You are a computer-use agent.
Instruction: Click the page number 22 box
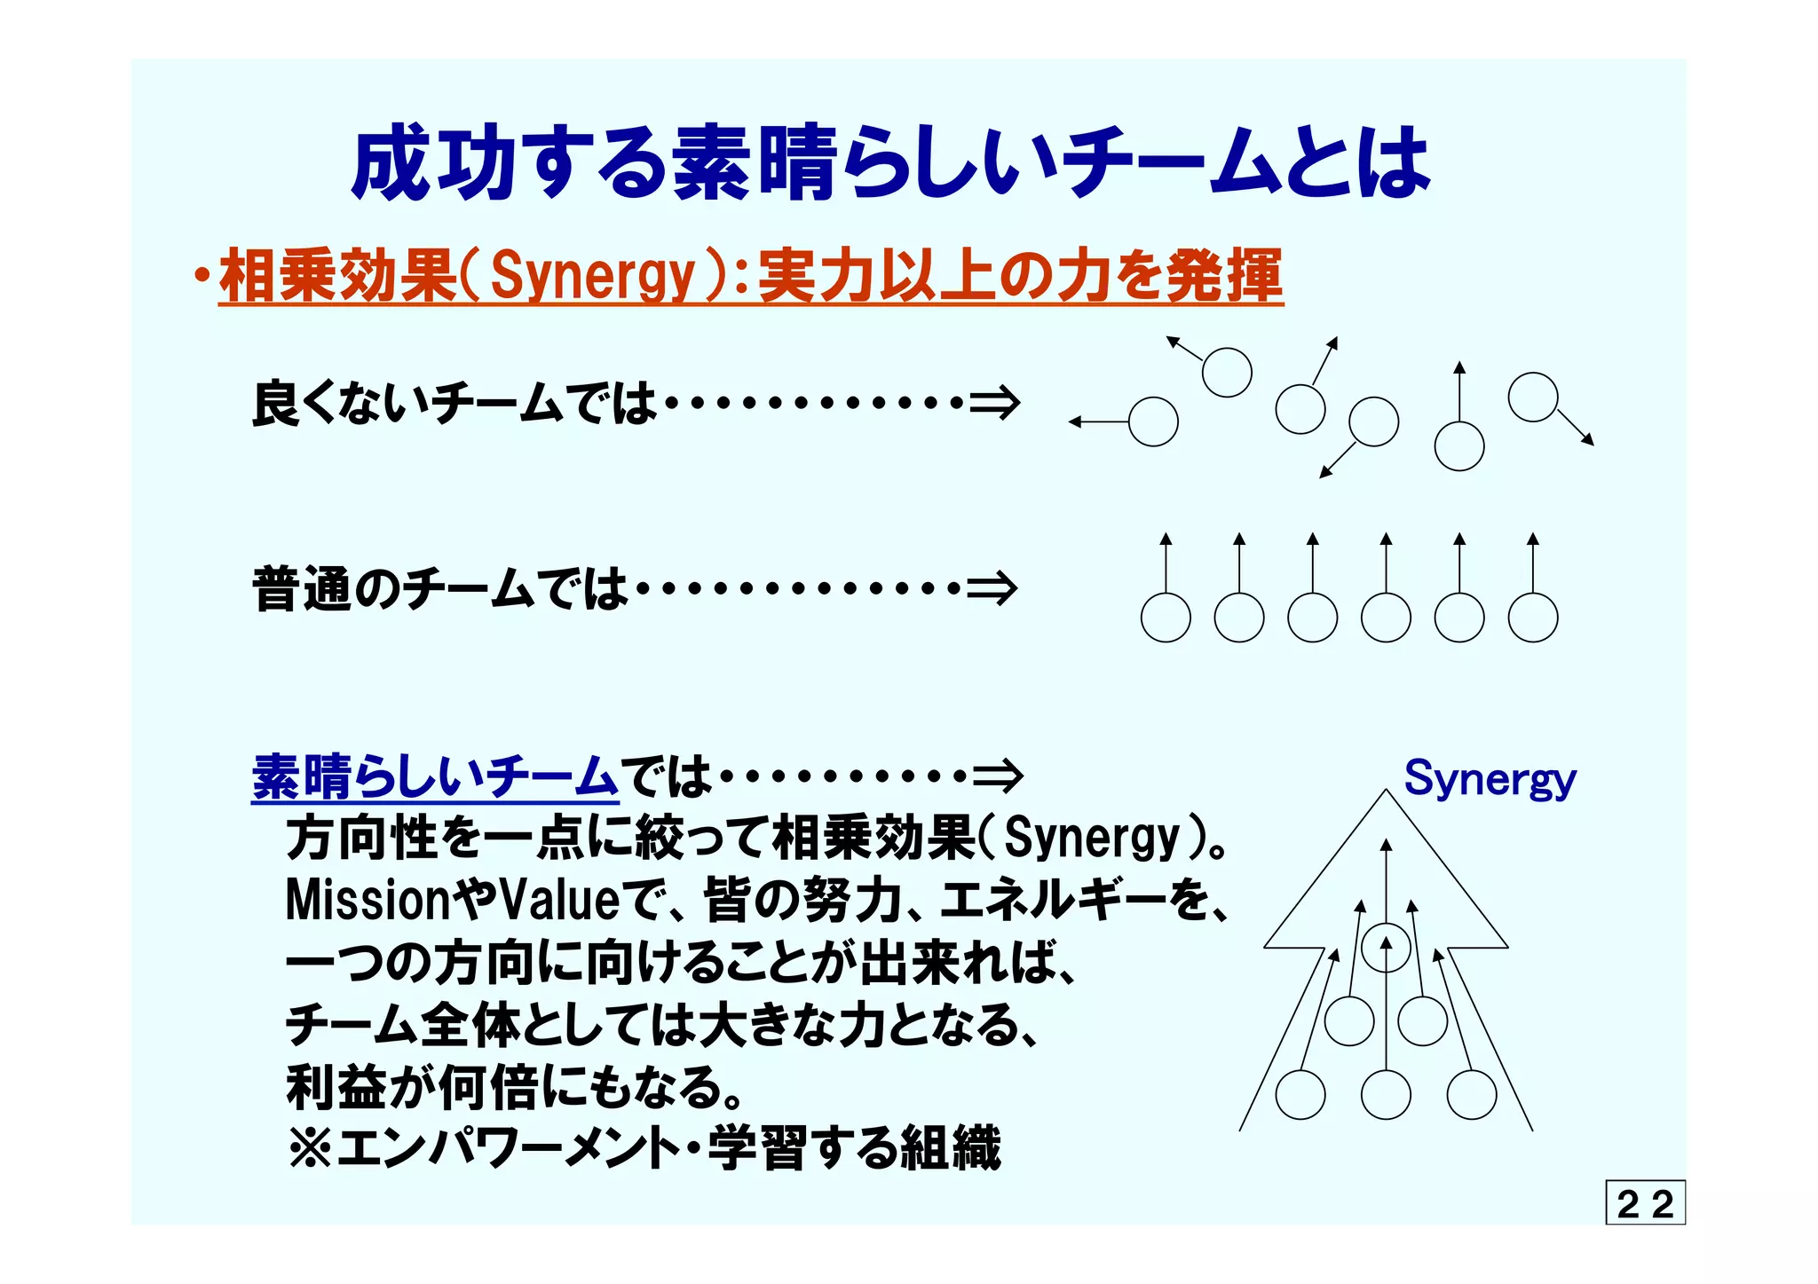coord(1645,1203)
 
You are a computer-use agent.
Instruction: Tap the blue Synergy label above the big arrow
coord(1490,780)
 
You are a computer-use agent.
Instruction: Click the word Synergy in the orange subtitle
coord(593,276)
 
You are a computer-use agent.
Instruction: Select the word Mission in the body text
coord(368,901)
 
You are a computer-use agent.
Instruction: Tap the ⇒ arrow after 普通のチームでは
coord(992,588)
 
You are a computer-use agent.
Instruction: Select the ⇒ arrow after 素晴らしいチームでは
coord(997,776)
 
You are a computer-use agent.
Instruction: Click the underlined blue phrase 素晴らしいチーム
coord(435,776)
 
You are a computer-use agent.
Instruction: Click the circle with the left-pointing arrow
coord(1153,421)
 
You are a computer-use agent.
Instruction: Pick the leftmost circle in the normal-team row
coord(1166,618)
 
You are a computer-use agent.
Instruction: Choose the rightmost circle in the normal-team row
coord(1533,618)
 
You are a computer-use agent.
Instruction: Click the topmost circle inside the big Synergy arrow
coord(1386,947)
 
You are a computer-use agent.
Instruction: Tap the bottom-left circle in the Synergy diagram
coord(1300,1094)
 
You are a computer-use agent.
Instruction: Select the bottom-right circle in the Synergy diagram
coord(1472,1094)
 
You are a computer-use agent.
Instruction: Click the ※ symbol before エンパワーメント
coord(310,1149)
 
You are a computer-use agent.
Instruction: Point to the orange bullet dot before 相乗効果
coord(203,276)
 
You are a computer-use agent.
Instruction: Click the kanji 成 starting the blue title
coord(391,163)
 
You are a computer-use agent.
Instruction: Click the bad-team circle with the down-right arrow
coord(1533,397)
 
